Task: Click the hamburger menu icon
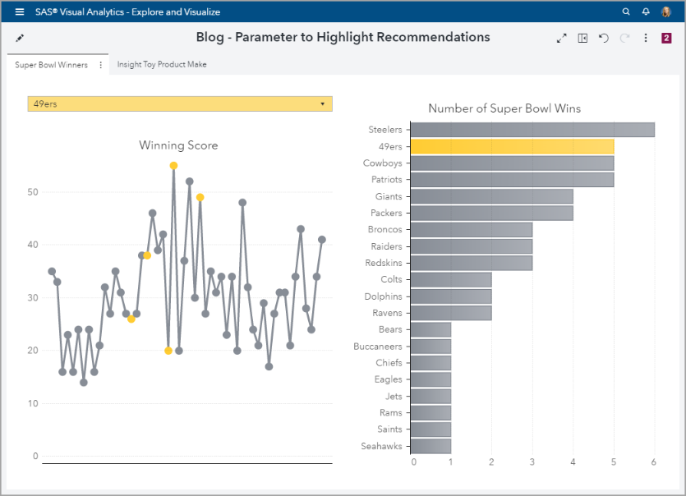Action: click(x=20, y=12)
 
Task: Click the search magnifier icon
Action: click(x=626, y=12)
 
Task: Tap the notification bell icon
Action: click(x=646, y=12)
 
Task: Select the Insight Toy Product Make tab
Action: click(x=162, y=65)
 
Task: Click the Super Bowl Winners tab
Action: click(x=51, y=65)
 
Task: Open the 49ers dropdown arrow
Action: click(x=322, y=104)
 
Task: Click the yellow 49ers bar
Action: click(x=511, y=146)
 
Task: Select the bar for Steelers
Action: click(x=532, y=130)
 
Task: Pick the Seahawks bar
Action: click(x=430, y=446)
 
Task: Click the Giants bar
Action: click(x=490, y=196)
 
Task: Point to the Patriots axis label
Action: click(x=386, y=180)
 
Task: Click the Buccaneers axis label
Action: click(x=379, y=347)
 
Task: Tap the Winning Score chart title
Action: click(x=178, y=145)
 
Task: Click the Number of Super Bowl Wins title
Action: click(x=504, y=108)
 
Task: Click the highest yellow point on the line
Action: click(x=173, y=166)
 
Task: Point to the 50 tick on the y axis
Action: click(x=33, y=192)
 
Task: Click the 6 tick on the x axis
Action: click(x=654, y=462)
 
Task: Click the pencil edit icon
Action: click(x=20, y=38)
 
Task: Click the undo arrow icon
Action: click(x=604, y=38)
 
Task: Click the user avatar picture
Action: click(x=666, y=12)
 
